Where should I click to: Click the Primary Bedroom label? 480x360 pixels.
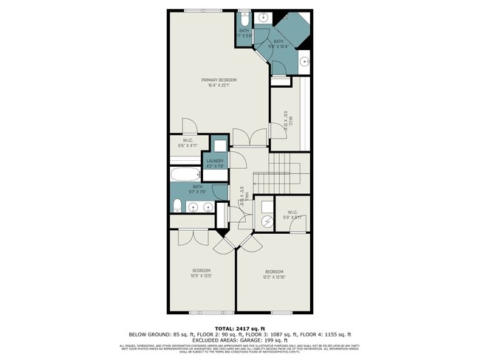click(219, 79)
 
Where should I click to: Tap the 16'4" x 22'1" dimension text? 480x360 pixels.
click(219, 85)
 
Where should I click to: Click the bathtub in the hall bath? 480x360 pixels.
click(185, 175)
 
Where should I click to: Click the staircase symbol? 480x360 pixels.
click(284, 170)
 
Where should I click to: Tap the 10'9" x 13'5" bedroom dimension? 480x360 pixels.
click(202, 277)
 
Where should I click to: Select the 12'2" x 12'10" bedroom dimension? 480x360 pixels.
click(273, 277)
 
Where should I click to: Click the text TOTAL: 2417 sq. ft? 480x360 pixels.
click(240, 327)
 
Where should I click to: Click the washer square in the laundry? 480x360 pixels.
click(219, 146)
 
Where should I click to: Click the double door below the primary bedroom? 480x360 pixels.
click(250, 137)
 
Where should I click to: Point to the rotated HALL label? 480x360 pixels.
click(243, 195)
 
